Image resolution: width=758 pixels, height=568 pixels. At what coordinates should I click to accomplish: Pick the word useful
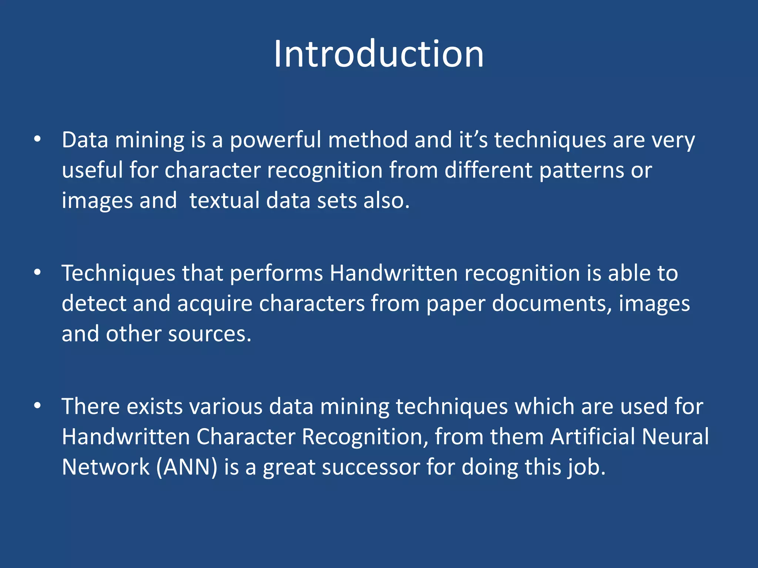92,170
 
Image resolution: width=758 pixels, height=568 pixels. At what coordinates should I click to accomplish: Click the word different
488,170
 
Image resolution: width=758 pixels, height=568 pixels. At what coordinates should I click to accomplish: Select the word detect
94,304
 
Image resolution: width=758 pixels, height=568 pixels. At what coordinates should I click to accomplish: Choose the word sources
209,334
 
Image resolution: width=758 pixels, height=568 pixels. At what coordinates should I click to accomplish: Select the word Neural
675,437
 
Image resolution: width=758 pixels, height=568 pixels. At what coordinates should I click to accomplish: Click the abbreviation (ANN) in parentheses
187,467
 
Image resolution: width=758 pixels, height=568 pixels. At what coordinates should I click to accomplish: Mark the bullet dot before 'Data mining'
37,139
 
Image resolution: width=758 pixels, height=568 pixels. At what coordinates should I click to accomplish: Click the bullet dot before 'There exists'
37,406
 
